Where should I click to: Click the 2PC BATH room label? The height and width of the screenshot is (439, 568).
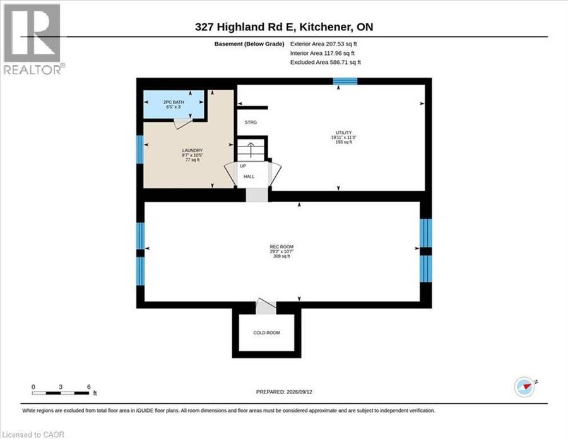coord(174,102)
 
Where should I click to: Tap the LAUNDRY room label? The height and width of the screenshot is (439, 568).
coord(192,150)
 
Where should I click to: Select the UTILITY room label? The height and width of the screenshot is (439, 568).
coord(344,133)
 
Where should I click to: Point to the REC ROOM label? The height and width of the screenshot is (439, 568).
coord(281,247)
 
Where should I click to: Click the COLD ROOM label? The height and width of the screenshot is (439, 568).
coord(266,333)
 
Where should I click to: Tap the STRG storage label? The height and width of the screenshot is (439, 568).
coord(251,123)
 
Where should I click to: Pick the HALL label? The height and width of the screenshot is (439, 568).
coord(249,176)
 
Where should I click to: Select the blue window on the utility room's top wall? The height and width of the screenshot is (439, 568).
coord(345,81)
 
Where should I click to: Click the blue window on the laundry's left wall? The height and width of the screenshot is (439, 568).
coord(140,149)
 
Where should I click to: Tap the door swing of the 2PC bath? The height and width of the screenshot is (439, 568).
coord(183,123)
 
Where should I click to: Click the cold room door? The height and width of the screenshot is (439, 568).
coord(266,307)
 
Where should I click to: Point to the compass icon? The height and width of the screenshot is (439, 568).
coord(525,387)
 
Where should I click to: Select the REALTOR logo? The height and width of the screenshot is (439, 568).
coord(33,39)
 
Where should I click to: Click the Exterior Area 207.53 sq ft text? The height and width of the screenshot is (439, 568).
coord(324,44)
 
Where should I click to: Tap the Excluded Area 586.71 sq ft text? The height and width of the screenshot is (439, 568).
coord(326,63)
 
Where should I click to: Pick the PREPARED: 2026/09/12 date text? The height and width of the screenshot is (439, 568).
coord(284,392)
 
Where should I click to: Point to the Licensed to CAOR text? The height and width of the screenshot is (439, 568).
coord(33,435)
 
